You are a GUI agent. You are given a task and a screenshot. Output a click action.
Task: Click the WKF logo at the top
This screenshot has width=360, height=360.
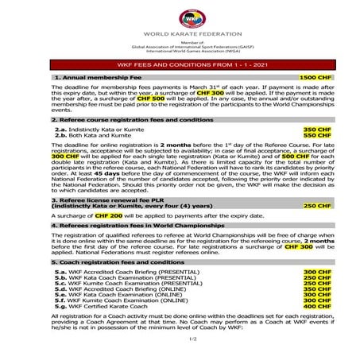[x=180, y=17]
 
